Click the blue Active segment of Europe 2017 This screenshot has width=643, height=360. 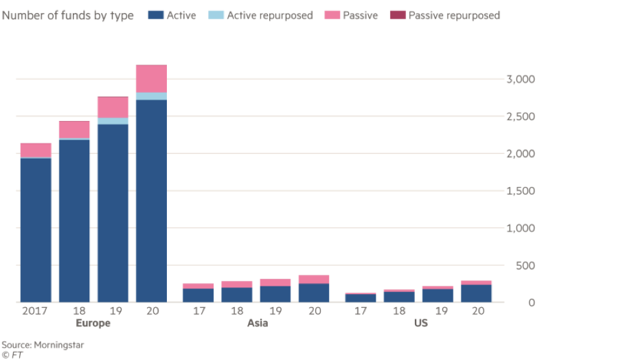click(x=36, y=230)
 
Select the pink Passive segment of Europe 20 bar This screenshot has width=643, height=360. click(x=151, y=78)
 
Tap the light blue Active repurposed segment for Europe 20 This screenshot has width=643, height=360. click(x=151, y=96)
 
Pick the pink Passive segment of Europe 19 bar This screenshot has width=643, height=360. click(x=113, y=107)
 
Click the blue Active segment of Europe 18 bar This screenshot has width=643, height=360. click(x=74, y=221)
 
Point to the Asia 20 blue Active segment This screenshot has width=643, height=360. click(x=314, y=293)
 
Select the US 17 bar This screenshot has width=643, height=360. click(x=361, y=297)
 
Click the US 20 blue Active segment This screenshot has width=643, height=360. click(x=477, y=293)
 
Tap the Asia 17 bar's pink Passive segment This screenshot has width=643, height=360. click(x=198, y=286)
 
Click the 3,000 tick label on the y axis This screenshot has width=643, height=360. click(x=520, y=80)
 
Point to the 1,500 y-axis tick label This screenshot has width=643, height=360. click(x=520, y=191)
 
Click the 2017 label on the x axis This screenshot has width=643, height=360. click(x=35, y=311)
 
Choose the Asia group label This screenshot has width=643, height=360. click(x=256, y=324)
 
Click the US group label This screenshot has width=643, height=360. click(x=420, y=324)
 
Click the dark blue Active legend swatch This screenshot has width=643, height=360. click(x=155, y=15)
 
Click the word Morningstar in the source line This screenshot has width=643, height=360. click(x=57, y=345)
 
